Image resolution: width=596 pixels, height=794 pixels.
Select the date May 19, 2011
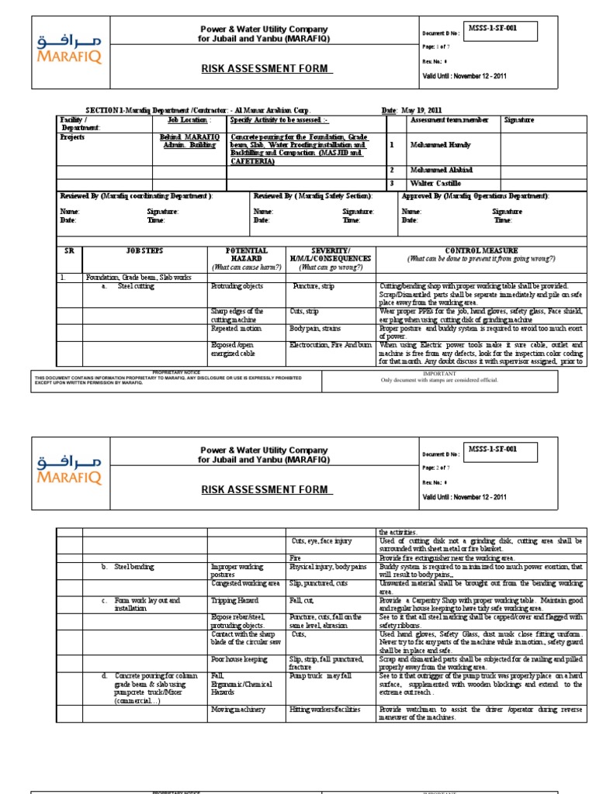click(x=424, y=110)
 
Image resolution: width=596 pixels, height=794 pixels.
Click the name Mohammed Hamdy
click(x=442, y=144)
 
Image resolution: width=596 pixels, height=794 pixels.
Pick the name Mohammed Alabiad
click(x=442, y=170)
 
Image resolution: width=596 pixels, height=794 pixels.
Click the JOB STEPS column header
click(x=145, y=251)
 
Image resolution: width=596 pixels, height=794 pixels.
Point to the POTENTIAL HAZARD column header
click(x=246, y=255)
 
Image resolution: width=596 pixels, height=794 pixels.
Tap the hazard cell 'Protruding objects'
click(x=237, y=286)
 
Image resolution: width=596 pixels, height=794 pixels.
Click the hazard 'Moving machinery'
click(x=238, y=709)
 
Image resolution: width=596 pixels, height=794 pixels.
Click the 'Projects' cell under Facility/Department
click(x=73, y=137)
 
